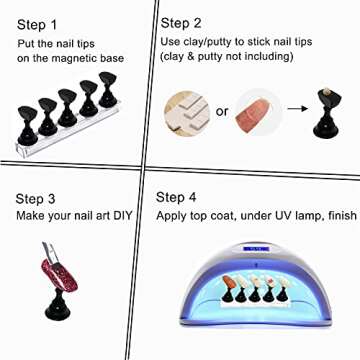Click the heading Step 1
click(x=37, y=25)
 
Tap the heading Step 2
click(x=181, y=24)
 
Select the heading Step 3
click(x=35, y=199)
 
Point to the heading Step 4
click(x=176, y=197)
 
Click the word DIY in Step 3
click(x=123, y=216)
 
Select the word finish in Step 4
click(x=342, y=215)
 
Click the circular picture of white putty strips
click(x=187, y=114)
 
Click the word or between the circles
click(x=222, y=112)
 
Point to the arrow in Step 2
click(x=297, y=109)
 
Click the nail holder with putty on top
click(x=326, y=112)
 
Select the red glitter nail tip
click(x=59, y=274)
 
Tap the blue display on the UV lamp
click(x=255, y=248)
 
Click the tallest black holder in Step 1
click(x=107, y=90)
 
